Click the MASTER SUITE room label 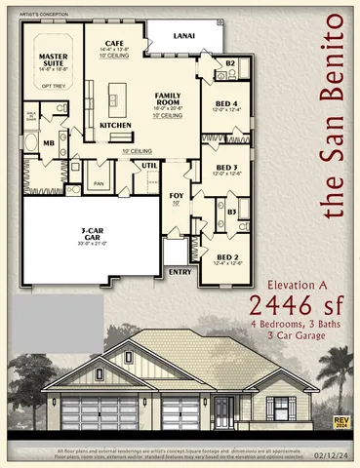click(x=53, y=59)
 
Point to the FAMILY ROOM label click(x=171, y=97)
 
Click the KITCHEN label click(x=115, y=125)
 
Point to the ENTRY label click(x=180, y=271)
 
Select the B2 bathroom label click(x=231, y=63)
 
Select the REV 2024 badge click(x=340, y=422)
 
